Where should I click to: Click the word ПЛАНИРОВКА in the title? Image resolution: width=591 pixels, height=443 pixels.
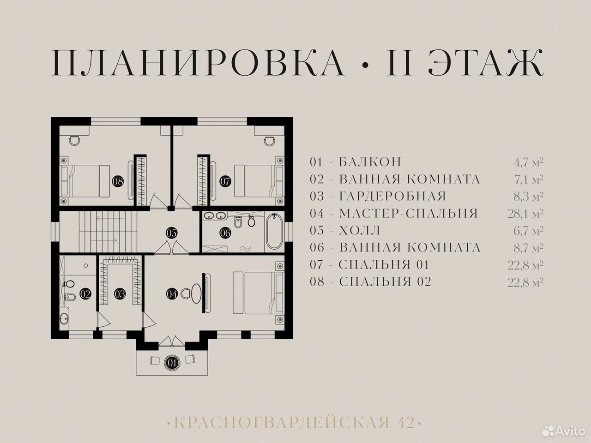click(x=198, y=62)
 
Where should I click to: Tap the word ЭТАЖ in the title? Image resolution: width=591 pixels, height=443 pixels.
click(x=486, y=62)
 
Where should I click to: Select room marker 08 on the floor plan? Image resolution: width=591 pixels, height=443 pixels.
click(x=118, y=181)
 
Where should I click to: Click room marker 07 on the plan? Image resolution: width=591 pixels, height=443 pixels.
click(x=225, y=181)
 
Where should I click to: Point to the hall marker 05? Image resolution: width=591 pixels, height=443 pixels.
click(x=171, y=233)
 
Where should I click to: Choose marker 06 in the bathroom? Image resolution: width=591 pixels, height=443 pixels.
click(x=225, y=233)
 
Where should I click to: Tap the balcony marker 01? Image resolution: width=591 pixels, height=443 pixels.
click(x=172, y=363)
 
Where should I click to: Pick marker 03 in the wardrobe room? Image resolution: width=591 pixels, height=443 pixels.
click(x=120, y=294)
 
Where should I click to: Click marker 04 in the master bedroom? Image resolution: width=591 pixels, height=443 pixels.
click(x=172, y=294)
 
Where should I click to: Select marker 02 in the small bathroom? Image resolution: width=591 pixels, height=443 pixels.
click(x=85, y=294)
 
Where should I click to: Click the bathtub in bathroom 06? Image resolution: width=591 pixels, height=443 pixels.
click(x=274, y=232)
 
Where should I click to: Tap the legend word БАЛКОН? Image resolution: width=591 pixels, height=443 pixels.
click(x=370, y=162)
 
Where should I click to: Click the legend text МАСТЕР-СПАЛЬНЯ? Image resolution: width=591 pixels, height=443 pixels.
click(x=409, y=213)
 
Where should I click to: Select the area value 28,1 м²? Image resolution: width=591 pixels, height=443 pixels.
click(x=525, y=214)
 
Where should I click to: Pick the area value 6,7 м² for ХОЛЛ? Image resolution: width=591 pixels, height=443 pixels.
click(x=528, y=231)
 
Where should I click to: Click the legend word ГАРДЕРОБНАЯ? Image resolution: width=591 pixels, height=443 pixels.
click(x=392, y=197)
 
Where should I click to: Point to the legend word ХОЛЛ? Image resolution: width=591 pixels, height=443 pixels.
click(x=359, y=231)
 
